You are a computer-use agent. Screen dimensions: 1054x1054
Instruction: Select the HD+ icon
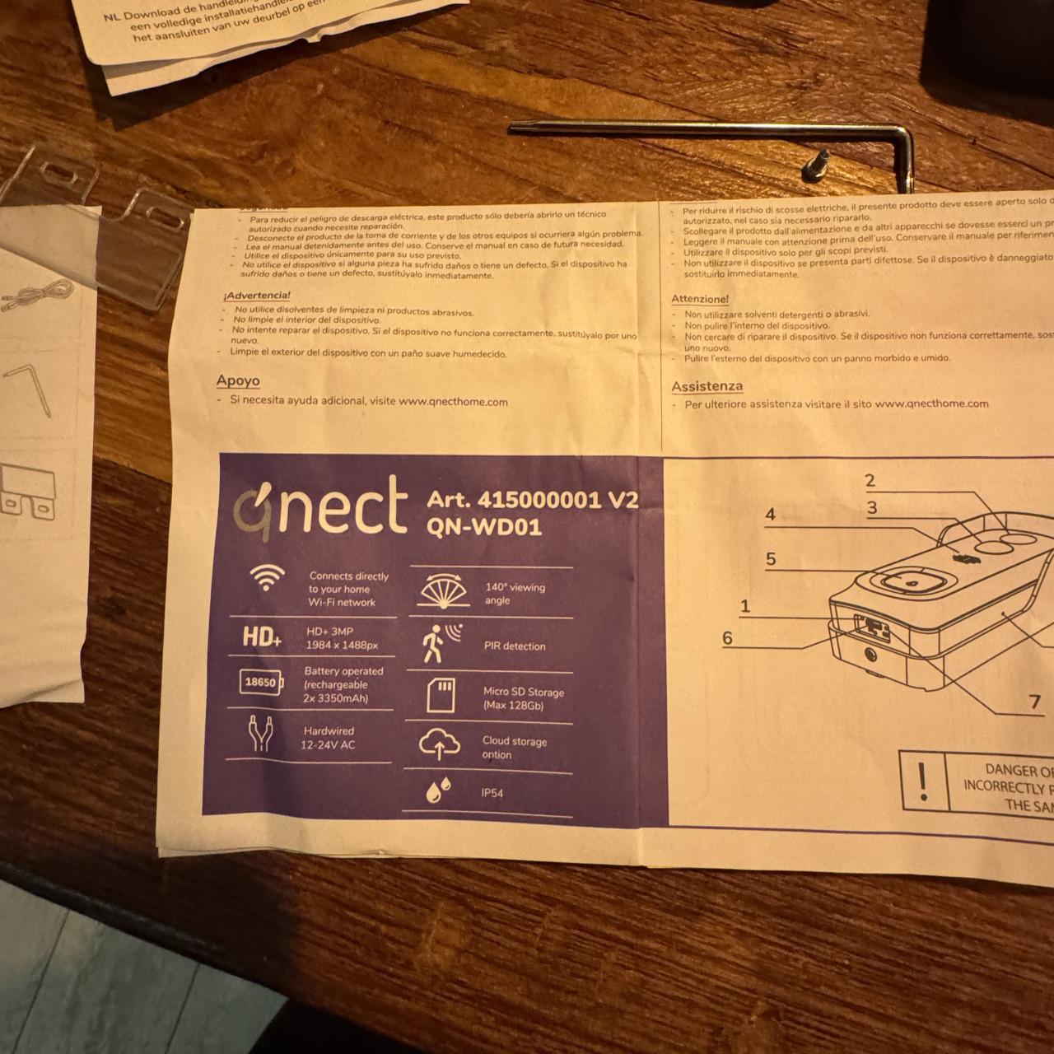click(263, 637)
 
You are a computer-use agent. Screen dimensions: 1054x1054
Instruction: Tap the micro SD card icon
click(442, 695)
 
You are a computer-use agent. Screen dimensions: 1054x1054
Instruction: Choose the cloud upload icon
click(439, 744)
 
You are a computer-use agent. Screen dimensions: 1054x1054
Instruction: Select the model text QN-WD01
click(484, 527)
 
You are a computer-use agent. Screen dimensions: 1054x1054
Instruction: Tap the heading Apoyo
click(238, 381)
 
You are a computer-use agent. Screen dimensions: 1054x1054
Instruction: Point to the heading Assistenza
click(707, 386)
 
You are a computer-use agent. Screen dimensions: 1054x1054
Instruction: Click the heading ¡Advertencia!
click(257, 295)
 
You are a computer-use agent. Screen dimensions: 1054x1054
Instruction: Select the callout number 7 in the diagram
click(1035, 702)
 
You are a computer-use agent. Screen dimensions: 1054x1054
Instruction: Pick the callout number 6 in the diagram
click(727, 637)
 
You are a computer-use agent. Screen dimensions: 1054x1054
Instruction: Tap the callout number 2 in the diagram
click(870, 480)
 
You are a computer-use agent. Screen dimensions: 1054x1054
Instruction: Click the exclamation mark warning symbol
click(923, 779)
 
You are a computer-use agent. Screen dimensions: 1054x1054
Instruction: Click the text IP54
click(492, 793)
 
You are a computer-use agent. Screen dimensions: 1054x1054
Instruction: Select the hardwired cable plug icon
click(260, 735)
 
